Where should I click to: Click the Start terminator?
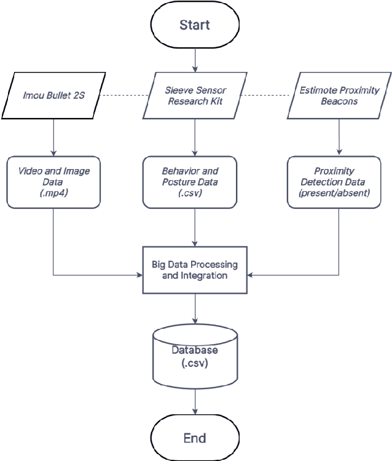[x=195, y=25]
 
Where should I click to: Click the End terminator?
[x=195, y=438]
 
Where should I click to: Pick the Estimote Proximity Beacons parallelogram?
[x=339, y=96]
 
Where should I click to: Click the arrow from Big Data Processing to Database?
[x=195, y=309]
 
